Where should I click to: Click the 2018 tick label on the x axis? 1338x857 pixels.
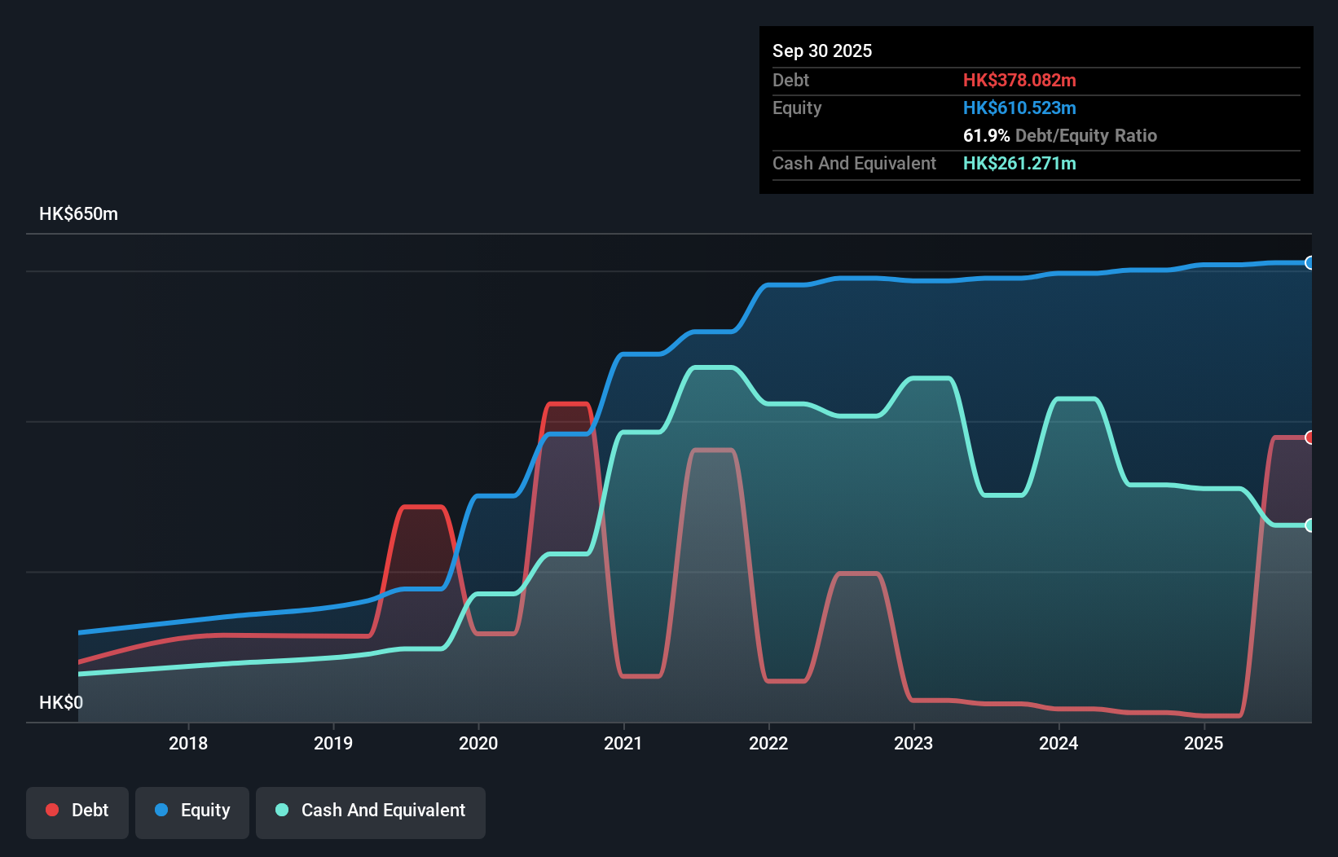[x=188, y=743]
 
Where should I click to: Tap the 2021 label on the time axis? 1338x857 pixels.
[x=623, y=743]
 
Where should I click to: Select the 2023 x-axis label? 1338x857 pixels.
[x=913, y=743]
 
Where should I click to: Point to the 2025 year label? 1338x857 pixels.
[x=1204, y=743]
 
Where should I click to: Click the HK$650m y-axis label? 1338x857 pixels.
[x=78, y=213]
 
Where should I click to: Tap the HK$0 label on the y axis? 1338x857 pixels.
[x=61, y=702]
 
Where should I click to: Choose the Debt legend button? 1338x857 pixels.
[x=77, y=810]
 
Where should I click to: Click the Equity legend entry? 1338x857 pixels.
[x=192, y=810]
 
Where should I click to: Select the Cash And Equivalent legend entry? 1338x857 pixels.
[x=371, y=810]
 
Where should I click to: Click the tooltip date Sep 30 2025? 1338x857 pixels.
[x=821, y=51]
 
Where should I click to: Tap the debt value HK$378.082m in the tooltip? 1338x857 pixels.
[x=1019, y=80]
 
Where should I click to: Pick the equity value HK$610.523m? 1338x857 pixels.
[x=1019, y=108]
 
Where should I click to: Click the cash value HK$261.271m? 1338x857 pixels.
[x=1019, y=163]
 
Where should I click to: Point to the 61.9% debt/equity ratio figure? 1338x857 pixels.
[x=986, y=135]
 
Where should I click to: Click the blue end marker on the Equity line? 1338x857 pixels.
[x=1309, y=262]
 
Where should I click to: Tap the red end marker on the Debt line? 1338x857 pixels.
[x=1309, y=437]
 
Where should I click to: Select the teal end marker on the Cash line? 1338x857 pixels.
[x=1309, y=525]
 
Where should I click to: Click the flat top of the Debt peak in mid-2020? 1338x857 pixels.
[x=568, y=403]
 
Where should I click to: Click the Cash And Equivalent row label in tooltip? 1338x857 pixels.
[x=854, y=163]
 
